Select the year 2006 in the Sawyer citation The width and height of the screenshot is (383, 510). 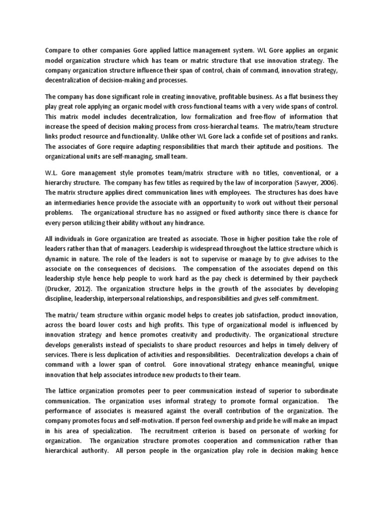(326, 182)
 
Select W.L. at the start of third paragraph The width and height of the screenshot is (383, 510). (52, 172)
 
